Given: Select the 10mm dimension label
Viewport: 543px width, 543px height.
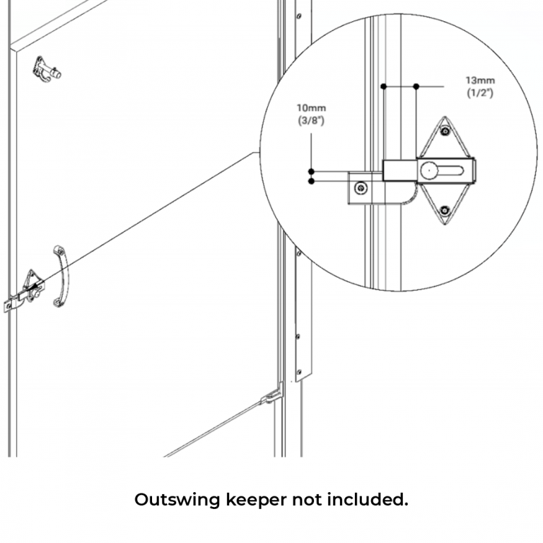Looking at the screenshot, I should [x=311, y=108].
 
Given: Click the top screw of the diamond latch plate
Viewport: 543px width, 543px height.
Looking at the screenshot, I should [x=444, y=131].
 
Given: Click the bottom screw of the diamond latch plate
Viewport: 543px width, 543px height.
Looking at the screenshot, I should [x=444, y=210].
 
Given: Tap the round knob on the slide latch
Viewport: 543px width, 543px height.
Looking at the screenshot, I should [x=429, y=170].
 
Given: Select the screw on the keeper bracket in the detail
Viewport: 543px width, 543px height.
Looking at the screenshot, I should [x=361, y=188].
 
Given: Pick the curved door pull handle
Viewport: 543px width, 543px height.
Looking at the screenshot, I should [x=60, y=276].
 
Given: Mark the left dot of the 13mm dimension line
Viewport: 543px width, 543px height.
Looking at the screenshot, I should [x=383, y=86].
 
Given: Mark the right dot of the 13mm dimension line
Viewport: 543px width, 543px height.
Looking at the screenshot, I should [x=416, y=86].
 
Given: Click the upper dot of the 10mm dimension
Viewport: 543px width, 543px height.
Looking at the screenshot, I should [x=311, y=171].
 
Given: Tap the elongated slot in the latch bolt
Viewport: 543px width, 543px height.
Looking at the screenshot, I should [x=449, y=170].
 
